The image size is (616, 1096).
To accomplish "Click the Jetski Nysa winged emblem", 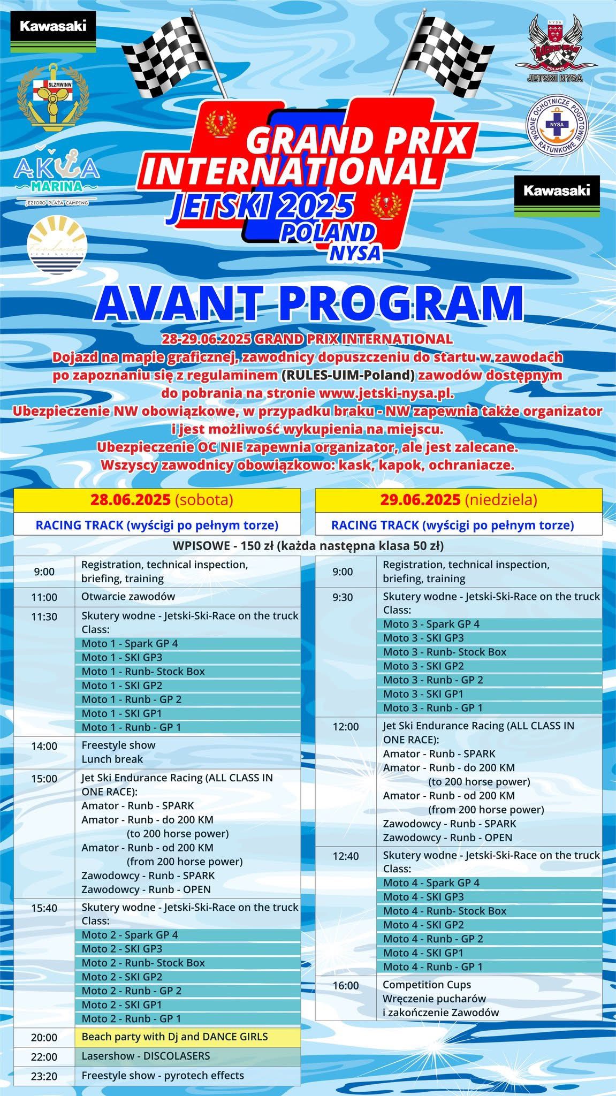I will (556, 45).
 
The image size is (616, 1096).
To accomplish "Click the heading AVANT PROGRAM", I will (308, 304).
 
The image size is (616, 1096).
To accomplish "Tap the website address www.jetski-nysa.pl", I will (386, 393).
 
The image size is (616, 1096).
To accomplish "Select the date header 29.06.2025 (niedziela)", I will (459, 500).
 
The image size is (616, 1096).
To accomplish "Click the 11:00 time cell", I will (44, 597).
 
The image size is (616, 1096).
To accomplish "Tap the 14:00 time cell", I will (44, 746).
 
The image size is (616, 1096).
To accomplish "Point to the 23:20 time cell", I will (44, 1076).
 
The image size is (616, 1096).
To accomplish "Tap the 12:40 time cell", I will (346, 856).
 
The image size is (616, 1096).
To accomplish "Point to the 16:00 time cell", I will (346, 985).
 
